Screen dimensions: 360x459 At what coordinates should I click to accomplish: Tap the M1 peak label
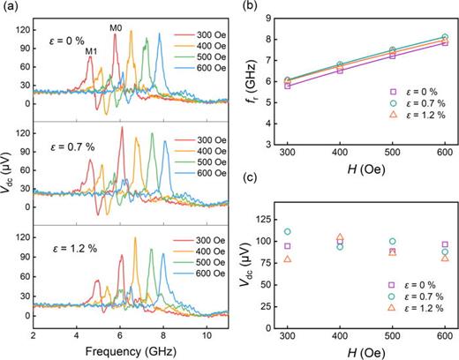point(90,50)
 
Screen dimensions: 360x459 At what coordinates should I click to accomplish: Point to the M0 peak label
point(116,28)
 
